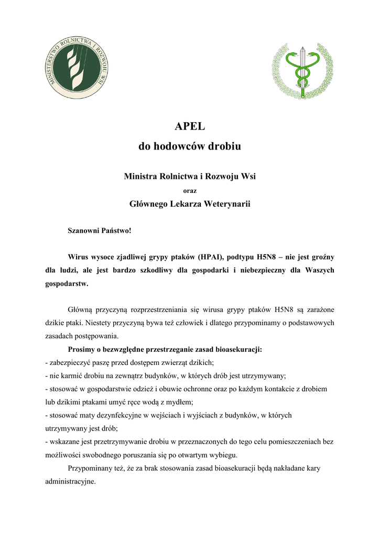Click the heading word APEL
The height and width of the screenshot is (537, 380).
190,126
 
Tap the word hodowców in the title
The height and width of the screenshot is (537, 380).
180,147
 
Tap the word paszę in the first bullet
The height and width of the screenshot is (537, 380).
101,362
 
